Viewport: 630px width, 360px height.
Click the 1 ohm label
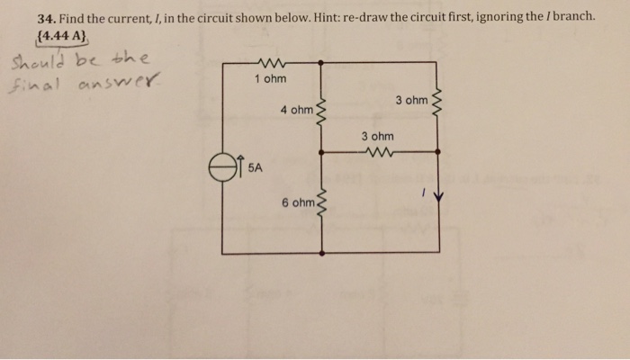[x=270, y=79]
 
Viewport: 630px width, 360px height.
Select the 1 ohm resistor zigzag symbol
[x=270, y=62]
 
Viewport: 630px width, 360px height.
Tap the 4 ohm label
[x=296, y=111]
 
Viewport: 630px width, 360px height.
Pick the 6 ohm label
[x=296, y=203]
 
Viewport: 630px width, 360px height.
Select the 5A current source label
[x=255, y=167]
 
